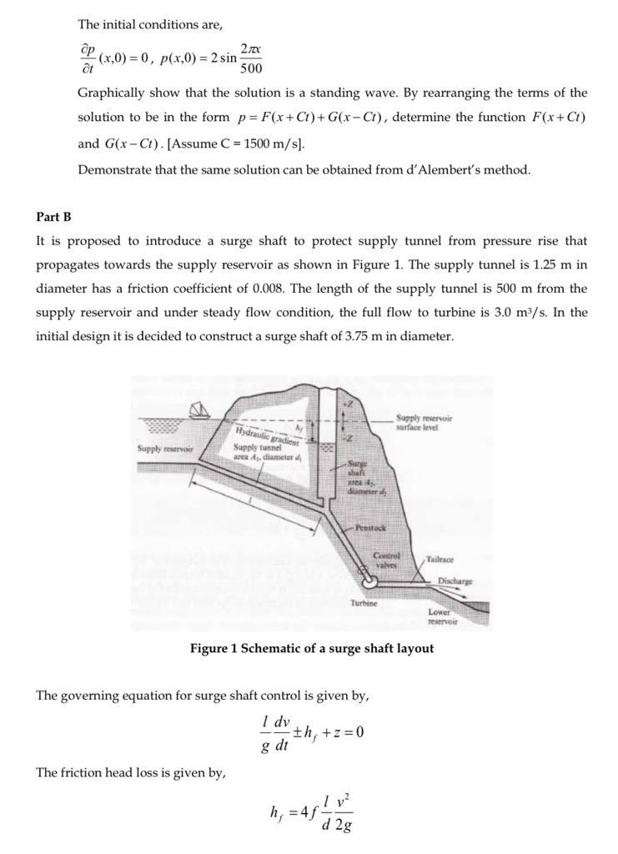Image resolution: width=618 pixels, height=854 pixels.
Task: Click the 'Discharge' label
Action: tap(455, 581)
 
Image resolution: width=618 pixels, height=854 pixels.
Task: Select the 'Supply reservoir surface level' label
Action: tap(424, 421)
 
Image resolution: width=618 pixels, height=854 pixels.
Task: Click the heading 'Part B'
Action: tap(53, 217)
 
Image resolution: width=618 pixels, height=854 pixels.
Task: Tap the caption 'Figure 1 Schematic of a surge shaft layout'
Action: tap(311, 648)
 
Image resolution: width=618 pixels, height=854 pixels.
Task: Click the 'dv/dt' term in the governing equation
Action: tap(280, 732)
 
